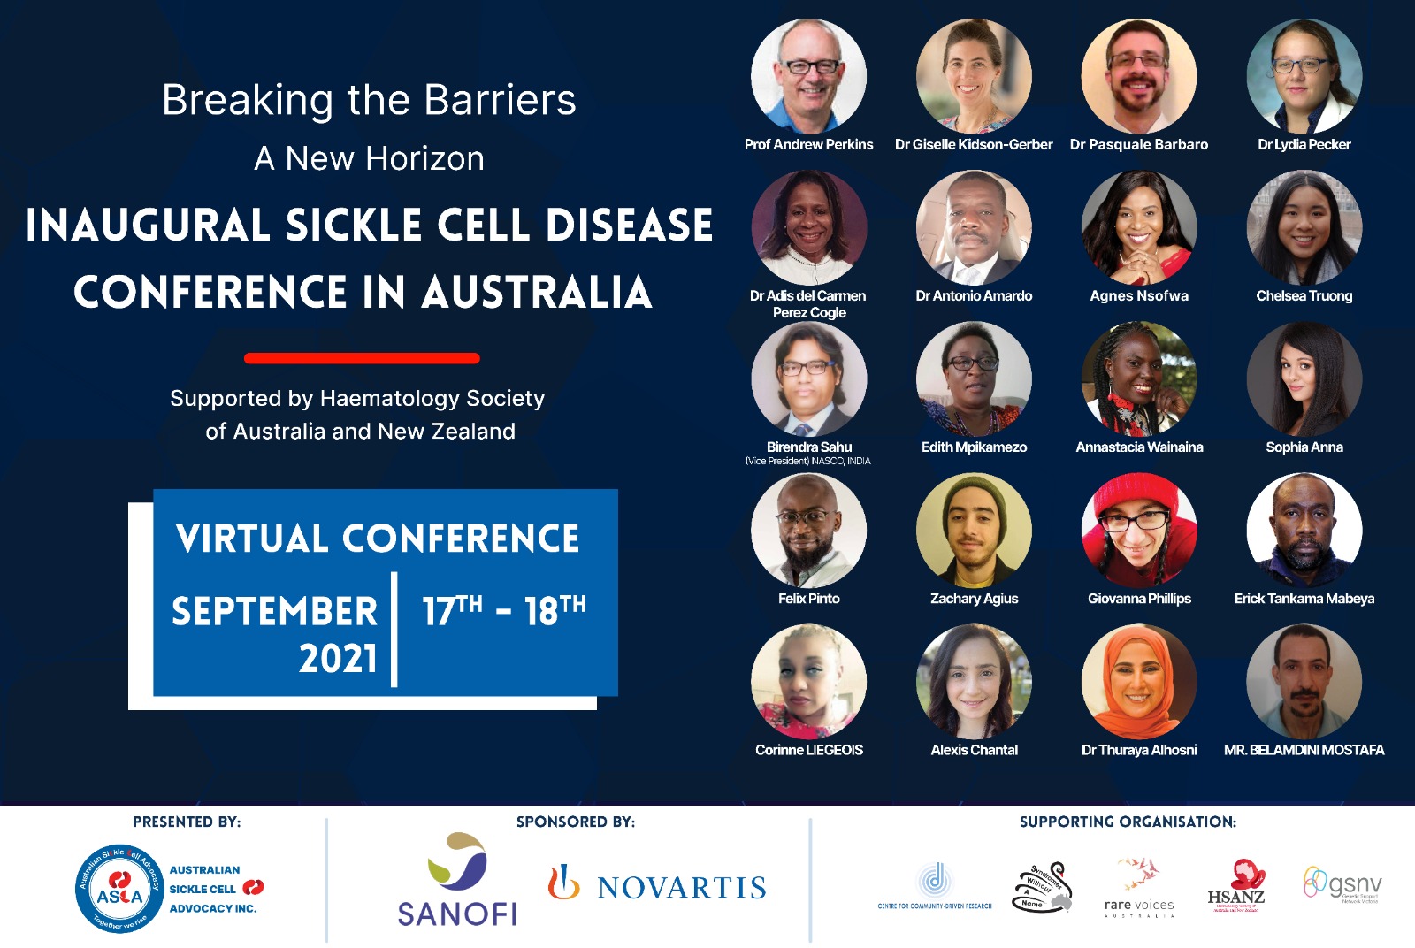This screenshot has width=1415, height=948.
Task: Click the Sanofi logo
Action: coord(456,881)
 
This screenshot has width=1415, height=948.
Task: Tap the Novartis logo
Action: coord(657,885)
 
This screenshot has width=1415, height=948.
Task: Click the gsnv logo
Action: coord(1342,884)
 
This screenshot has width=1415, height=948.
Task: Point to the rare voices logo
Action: coord(1139,887)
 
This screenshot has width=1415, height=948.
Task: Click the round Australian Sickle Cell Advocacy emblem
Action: coord(119,889)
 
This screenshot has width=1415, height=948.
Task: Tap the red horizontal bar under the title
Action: coord(362,358)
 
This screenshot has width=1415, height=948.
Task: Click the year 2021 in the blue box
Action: coord(338,659)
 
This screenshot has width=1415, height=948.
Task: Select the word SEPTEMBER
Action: coord(274,611)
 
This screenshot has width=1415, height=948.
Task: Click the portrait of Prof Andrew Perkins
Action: coord(808,77)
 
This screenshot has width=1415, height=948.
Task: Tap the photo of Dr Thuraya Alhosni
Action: coord(1139,682)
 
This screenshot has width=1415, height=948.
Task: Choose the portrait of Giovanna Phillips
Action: coord(1139,531)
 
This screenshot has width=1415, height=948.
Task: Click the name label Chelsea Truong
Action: coord(1304,295)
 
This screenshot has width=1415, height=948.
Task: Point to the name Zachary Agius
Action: coord(974,599)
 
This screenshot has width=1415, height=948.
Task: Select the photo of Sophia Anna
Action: coord(1304,379)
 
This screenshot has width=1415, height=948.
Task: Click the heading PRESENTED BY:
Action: coord(187,822)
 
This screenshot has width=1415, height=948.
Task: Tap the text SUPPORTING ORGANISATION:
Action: coord(1128,822)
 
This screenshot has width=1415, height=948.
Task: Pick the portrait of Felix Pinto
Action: coord(808,531)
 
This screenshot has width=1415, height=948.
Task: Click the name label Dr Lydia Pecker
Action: coord(1304,144)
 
